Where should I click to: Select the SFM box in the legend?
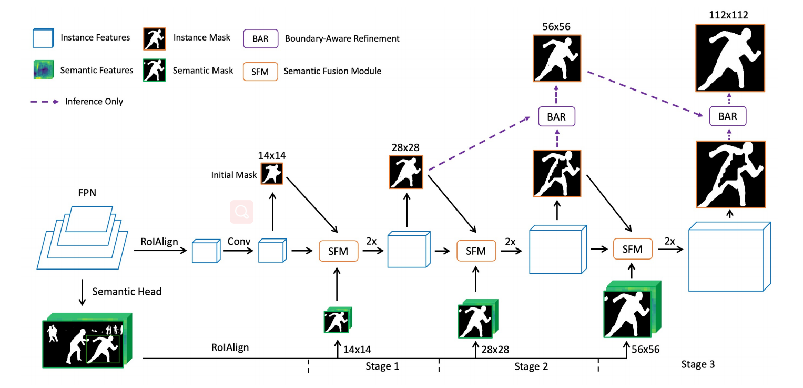[260, 71]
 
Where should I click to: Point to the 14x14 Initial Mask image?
[271, 174]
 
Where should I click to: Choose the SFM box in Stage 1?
[338, 251]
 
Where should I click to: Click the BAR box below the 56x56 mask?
[556, 116]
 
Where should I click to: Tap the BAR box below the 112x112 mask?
[728, 116]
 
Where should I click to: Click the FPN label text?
[87, 193]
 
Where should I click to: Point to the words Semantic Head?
[127, 291]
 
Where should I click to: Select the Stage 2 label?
[531, 366]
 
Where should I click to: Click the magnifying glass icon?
[241, 212]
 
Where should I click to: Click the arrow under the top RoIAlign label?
[160, 251]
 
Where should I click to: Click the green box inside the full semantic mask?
[103, 349]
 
